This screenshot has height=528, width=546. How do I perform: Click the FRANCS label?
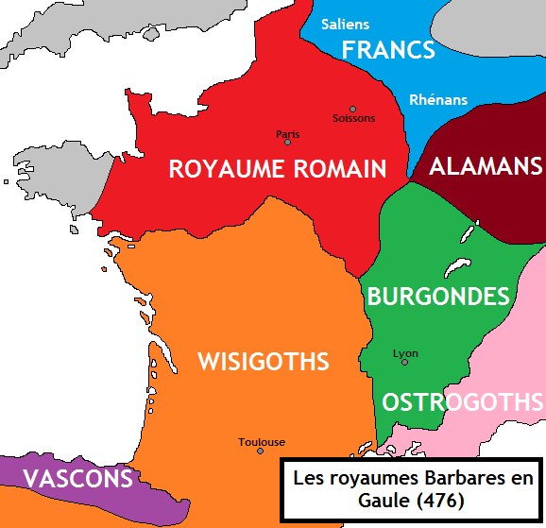click(388, 50)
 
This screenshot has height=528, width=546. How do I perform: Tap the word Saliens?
click(345, 24)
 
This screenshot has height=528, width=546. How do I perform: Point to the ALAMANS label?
click(486, 166)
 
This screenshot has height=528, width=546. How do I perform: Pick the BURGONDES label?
click(437, 297)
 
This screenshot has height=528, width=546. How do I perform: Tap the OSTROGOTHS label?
click(463, 402)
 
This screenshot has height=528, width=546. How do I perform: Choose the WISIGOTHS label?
click(263, 361)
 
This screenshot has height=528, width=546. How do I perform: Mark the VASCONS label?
click(77, 479)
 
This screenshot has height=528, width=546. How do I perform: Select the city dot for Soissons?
click(353, 109)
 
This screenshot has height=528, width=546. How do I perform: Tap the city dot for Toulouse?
click(261, 451)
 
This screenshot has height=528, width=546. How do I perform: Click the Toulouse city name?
click(262, 441)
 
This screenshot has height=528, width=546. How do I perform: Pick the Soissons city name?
click(354, 119)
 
